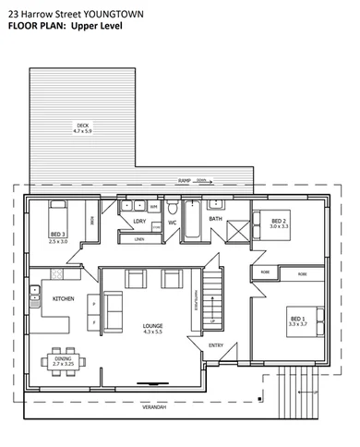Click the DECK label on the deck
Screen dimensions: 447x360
pyautogui.click(x=84, y=124)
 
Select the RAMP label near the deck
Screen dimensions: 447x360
pyautogui.click(x=185, y=183)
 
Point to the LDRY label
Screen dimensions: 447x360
pyautogui.click(x=140, y=222)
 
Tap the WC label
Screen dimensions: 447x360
pyautogui.click(x=172, y=223)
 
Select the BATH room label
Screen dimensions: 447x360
pyautogui.click(x=216, y=219)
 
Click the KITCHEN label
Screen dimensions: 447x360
pyautogui.click(x=64, y=299)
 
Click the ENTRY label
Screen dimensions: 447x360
pyautogui.click(x=216, y=345)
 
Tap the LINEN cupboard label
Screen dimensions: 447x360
pyautogui.click(x=139, y=240)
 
